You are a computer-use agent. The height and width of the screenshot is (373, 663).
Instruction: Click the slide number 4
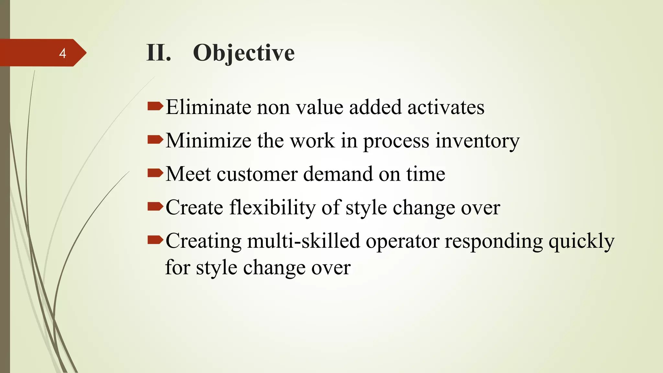pyautogui.click(x=62, y=53)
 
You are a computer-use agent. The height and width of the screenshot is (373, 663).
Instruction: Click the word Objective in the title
pyautogui.click(x=243, y=53)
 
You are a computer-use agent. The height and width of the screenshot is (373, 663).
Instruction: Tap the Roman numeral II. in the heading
pyautogui.click(x=158, y=53)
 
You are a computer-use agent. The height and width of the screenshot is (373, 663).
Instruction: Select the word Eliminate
pyautogui.click(x=208, y=107)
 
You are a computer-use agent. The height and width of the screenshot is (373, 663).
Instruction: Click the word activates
pyautogui.click(x=446, y=107)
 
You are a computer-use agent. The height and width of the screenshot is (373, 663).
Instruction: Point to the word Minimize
pyautogui.click(x=208, y=141)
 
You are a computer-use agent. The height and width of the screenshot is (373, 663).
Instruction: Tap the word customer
pyautogui.click(x=257, y=174)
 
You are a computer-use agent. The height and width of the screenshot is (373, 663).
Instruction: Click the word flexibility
pyautogui.click(x=273, y=208)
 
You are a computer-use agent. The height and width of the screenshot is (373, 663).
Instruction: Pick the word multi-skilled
pyautogui.click(x=303, y=241)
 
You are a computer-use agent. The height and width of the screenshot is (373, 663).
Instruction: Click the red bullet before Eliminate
pyautogui.click(x=155, y=106)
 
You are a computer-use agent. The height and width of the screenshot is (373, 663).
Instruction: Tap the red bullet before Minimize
pyautogui.click(x=155, y=140)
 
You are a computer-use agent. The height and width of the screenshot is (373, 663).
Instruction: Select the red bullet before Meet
pyautogui.click(x=155, y=173)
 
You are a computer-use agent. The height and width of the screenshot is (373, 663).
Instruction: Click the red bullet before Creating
pyautogui.click(x=155, y=240)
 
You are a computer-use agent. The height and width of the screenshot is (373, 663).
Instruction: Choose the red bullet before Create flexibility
pyautogui.click(x=155, y=206)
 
